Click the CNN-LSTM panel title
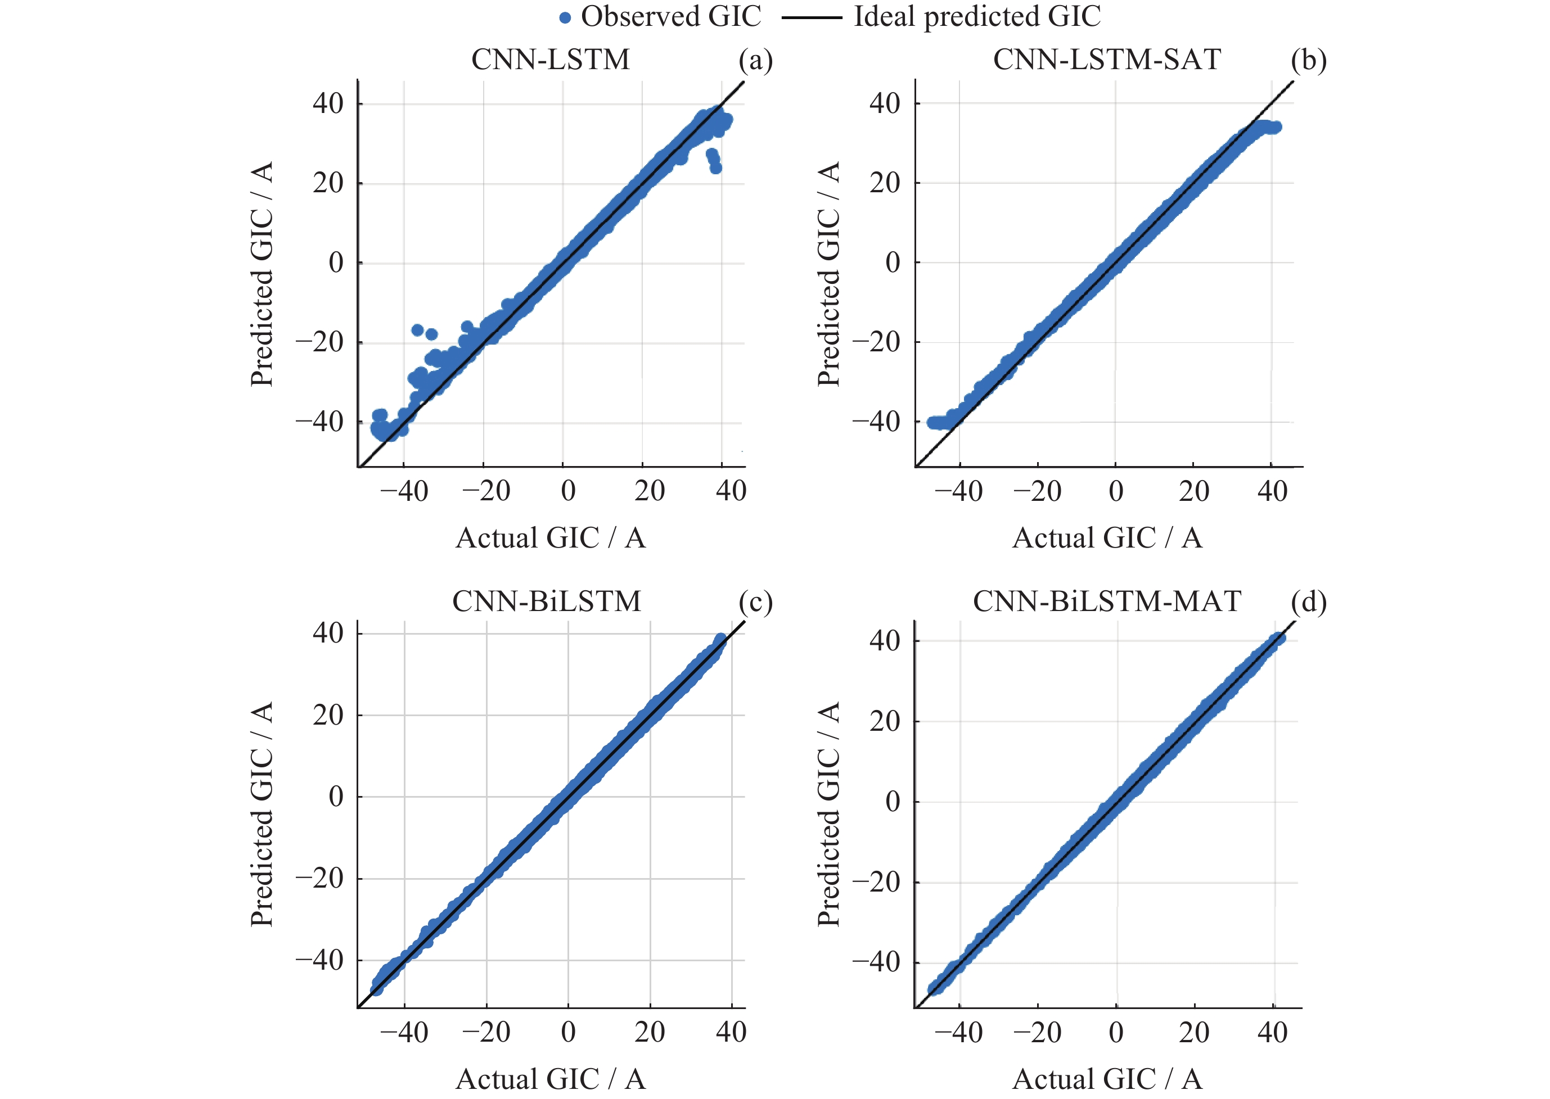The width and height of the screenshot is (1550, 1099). [x=550, y=60]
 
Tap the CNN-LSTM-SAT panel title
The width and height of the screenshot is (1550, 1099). [x=1107, y=60]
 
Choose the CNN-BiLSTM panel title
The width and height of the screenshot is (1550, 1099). [x=546, y=601]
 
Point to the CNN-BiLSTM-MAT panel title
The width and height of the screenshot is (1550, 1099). [x=1107, y=601]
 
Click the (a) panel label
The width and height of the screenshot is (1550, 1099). [x=755, y=61]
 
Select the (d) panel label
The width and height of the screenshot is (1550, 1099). [x=1308, y=602]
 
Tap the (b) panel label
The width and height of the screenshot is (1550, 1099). [x=1308, y=61]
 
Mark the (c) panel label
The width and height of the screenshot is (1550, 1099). [x=755, y=602]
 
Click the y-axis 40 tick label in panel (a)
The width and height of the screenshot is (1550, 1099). [x=328, y=103]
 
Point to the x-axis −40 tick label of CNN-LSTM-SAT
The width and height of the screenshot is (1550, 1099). [x=958, y=491]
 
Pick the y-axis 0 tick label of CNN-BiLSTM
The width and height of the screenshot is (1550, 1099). [x=336, y=797]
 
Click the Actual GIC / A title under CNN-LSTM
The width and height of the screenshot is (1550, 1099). [x=550, y=538]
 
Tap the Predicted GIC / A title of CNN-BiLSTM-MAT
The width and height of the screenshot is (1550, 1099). [x=828, y=813]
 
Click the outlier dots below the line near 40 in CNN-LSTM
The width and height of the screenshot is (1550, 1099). [x=713, y=161]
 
